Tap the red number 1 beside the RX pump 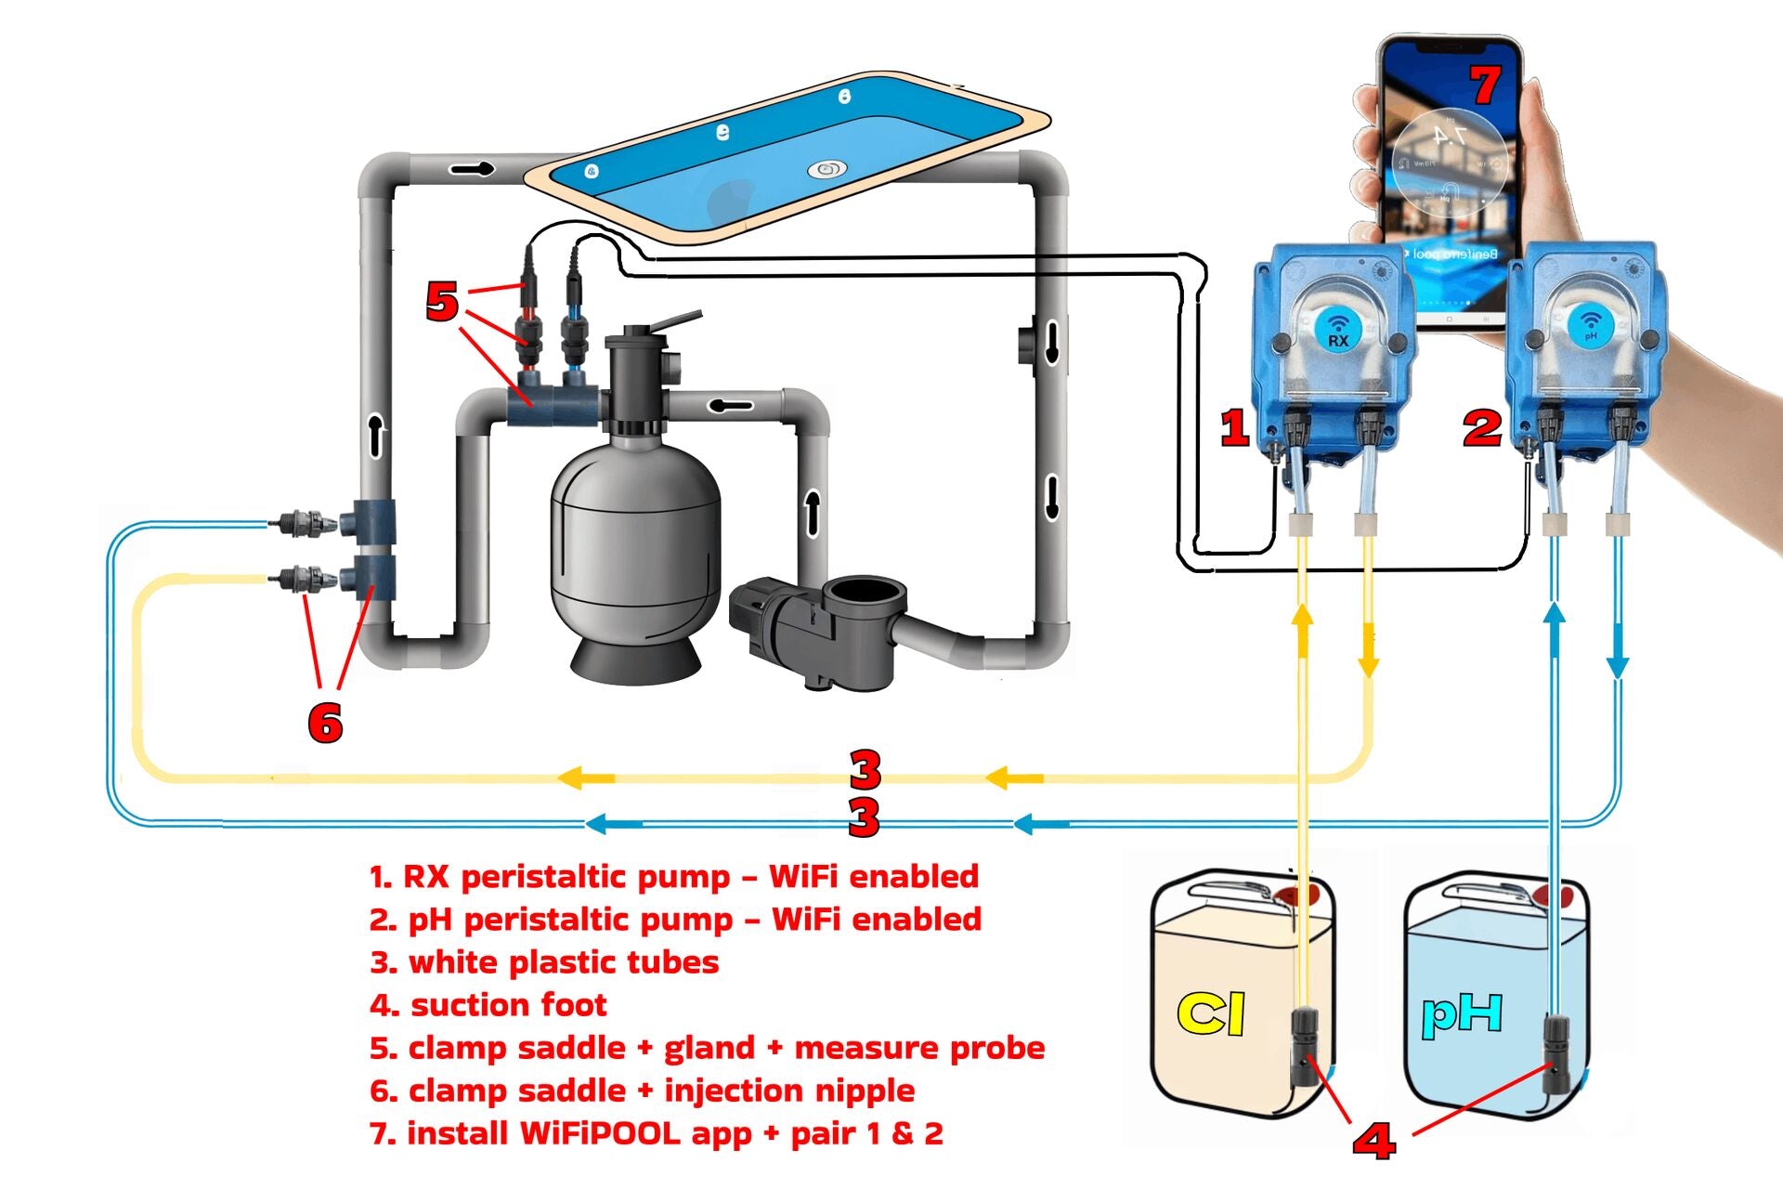click(x=1234, y=427)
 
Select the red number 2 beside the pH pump click(x=1482, y=427)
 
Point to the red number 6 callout click(x=325, y=723)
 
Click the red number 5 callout click(x=442, y=301)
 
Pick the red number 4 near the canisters click(x=1373, y=1140)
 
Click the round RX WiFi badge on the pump click(x=1337, y=329)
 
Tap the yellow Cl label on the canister click(x=1210, y=1013)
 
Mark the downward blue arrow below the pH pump click(x=1618, y=663)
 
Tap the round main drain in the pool click(x=826, y=169)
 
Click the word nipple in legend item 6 click(x=863, y=1091)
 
